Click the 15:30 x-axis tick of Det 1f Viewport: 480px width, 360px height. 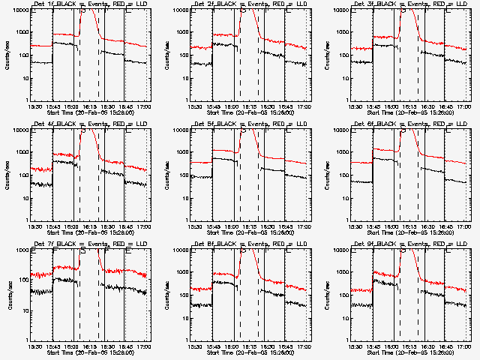pyautogui.click(x=33, y=106)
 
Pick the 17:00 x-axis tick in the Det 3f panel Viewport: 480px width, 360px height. pyautogui.click(x=463, y=106)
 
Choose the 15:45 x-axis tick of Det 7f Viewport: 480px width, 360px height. pyautogui.click(x=52, y=346)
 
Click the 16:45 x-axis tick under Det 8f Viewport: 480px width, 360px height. pyautogui.click(x=286, y=346)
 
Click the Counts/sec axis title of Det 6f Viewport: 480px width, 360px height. pyautogui.click(x=328, y=175)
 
